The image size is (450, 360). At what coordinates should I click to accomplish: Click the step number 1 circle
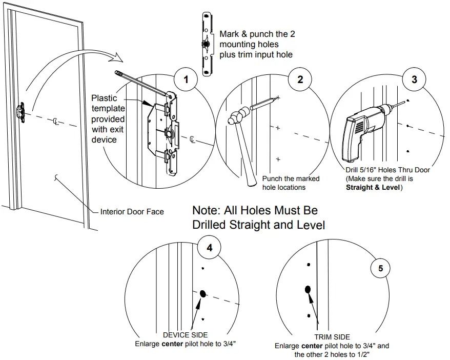[186, 79]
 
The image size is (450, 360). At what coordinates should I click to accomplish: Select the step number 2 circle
[300, 79]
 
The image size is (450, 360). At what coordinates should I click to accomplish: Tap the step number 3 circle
[414, 79]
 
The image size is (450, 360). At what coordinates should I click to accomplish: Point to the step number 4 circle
[209, 248]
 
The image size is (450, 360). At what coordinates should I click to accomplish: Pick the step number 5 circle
[380, 268]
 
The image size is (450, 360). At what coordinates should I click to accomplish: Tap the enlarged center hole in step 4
[202, 294]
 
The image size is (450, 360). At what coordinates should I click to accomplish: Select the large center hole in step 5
[308, 290]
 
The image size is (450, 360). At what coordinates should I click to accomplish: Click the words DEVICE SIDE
[185, 335]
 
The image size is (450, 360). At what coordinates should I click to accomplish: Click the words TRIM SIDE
[332, 337]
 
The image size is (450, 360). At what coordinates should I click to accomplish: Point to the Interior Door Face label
[132, 211]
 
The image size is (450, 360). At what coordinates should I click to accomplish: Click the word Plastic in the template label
[104, 98]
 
